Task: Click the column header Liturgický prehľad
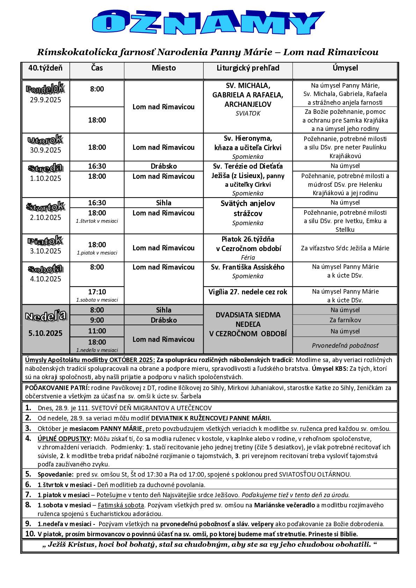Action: pyautogui.click(x=248, y=68)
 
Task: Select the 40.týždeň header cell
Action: pyautogui.click(x=45, y=68)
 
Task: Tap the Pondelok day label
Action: pyautogui.click(x=45, y=89)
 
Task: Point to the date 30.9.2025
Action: pyautogui.click(x=45, y=150)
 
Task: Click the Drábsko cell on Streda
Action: pyautogui.click(x=163, y=166)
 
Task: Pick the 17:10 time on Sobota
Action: pyautogui.click(x=97, y=292)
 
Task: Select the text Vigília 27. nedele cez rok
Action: pyautogui.click(x=248, y=292)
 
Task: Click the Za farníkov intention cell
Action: pyautogui.click(x=345, y=320)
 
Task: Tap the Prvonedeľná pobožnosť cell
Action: pyautogui.click(x=345, y=346)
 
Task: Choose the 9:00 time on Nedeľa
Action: pyautogui.click(x=97, y=320)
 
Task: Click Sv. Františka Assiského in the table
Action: pyautogui.click(x=248, y=267)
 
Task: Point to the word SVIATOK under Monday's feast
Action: pyautogui.click(x=248, y=113)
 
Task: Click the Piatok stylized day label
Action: pyautogui.click(x=45, y=241)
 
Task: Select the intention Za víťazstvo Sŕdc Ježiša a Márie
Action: pyautogui.click(x=345, y=248)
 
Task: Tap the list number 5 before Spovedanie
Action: pyautogui.click(x=28, y=474)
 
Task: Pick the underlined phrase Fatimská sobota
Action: pyautogui.click(x=121, y=505)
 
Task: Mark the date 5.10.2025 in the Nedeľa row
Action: pyautogui.click(x=45, y=333)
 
